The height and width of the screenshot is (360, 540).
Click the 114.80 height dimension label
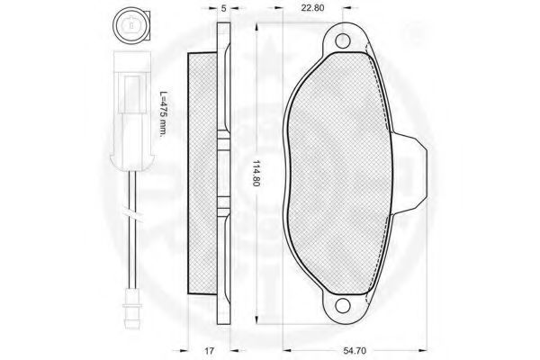256,173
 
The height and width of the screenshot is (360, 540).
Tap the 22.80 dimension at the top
312,7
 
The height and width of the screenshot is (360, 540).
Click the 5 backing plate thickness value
224,8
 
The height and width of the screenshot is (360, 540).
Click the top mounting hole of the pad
342,41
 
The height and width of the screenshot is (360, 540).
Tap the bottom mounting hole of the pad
342,305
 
